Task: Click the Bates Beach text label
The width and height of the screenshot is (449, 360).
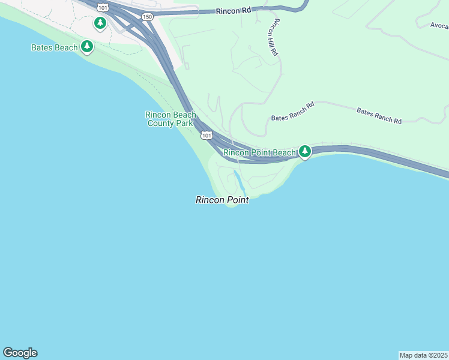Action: point(55,47)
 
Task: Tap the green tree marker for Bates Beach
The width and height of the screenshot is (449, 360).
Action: point(88,46)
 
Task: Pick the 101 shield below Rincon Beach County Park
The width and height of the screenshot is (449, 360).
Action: point(206,136)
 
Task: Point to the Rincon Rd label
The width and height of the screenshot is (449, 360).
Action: point(234,10)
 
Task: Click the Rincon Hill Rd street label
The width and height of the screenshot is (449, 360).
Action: point(276,37)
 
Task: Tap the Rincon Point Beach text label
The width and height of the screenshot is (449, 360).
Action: point(260,153)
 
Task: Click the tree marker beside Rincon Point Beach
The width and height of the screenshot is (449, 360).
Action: point(305,151)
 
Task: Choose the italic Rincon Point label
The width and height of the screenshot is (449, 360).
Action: point(222,200)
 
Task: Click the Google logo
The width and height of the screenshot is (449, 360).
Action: point(20,353)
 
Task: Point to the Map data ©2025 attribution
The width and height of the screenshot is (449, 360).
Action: point(423,355)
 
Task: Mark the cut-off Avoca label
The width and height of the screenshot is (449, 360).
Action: point(439,26)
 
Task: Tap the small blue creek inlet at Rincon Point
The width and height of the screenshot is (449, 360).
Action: point(238,180)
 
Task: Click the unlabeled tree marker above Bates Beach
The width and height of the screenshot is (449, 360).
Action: point(100,23)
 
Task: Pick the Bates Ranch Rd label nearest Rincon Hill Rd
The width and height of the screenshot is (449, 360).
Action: point(293,112)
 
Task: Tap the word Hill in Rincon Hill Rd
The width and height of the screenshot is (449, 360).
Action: point(275,38)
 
